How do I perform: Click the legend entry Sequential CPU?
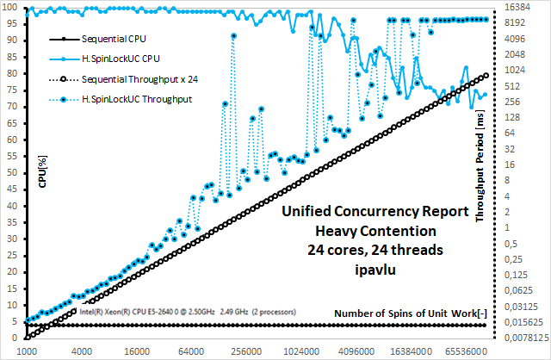tap(113, 40)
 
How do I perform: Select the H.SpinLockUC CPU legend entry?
tap(120, 59)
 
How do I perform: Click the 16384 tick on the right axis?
tap(519, 6)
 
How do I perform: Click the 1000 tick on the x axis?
tap(27, 351)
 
